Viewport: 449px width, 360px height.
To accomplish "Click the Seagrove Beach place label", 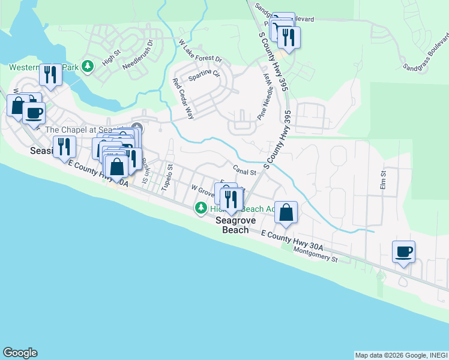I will pos(236,225).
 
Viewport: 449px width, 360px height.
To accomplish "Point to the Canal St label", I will pos(245,171).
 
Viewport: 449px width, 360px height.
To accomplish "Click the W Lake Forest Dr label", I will pos(200,52).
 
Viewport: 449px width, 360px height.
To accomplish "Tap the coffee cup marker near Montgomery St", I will pos(403,251).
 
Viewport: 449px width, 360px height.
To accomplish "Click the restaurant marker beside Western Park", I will pos(50,75).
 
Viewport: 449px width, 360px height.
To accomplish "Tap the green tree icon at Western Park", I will pos(88,65).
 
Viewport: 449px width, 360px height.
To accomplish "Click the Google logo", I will pos(20,353).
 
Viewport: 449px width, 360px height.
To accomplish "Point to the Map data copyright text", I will pos(400,355).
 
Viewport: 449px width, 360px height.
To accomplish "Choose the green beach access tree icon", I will pos(200,208).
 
